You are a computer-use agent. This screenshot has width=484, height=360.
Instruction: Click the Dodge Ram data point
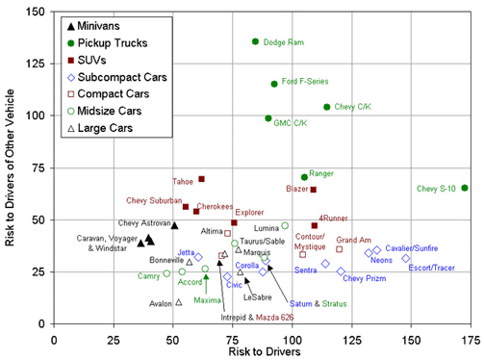(255, 41)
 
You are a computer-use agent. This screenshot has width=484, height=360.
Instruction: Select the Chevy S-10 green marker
(465, 188)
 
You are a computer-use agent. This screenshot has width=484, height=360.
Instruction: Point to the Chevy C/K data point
(327, 107)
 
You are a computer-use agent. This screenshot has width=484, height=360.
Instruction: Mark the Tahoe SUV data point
(201, 179)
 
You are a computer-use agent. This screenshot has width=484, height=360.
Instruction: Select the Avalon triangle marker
(178, 301)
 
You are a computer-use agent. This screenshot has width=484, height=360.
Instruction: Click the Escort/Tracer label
(431, 268)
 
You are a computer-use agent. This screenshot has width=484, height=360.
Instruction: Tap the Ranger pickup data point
(304, 177)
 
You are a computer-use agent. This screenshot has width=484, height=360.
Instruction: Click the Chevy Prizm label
(365, 279)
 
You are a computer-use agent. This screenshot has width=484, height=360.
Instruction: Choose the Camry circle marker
(167, 273)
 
